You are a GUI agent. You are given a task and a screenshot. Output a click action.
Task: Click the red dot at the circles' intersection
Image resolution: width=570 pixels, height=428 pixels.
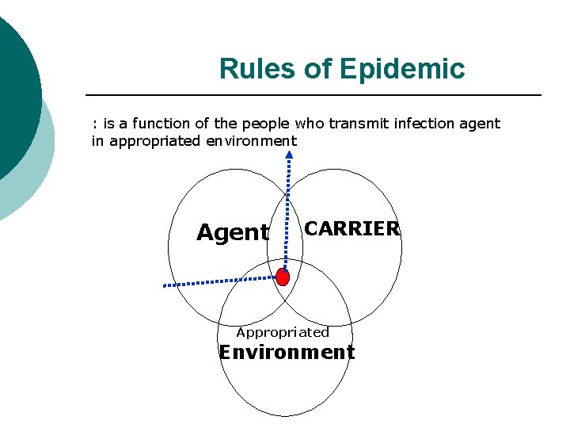(x=283, y=277)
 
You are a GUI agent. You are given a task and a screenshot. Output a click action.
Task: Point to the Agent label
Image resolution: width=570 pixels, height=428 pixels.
(x=233, y=233)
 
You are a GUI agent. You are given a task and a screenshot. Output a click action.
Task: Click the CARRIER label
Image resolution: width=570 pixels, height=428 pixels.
(x=352, y=229)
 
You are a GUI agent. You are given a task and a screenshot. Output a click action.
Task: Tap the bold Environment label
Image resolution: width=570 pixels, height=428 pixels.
(x=287, y=352)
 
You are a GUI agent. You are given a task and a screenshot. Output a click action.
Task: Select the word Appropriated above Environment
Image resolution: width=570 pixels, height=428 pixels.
(x=283, y=333)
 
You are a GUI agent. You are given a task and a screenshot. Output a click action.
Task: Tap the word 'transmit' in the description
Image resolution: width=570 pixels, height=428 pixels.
(x=354, y=124)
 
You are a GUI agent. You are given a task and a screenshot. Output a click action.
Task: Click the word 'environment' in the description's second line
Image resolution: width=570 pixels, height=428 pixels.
(x=250, y=141)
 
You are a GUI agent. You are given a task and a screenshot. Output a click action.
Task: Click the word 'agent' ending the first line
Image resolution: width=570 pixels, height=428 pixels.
(x=481, y=124)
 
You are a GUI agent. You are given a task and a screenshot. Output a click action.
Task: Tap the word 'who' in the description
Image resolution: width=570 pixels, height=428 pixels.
(x=308, y=124)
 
